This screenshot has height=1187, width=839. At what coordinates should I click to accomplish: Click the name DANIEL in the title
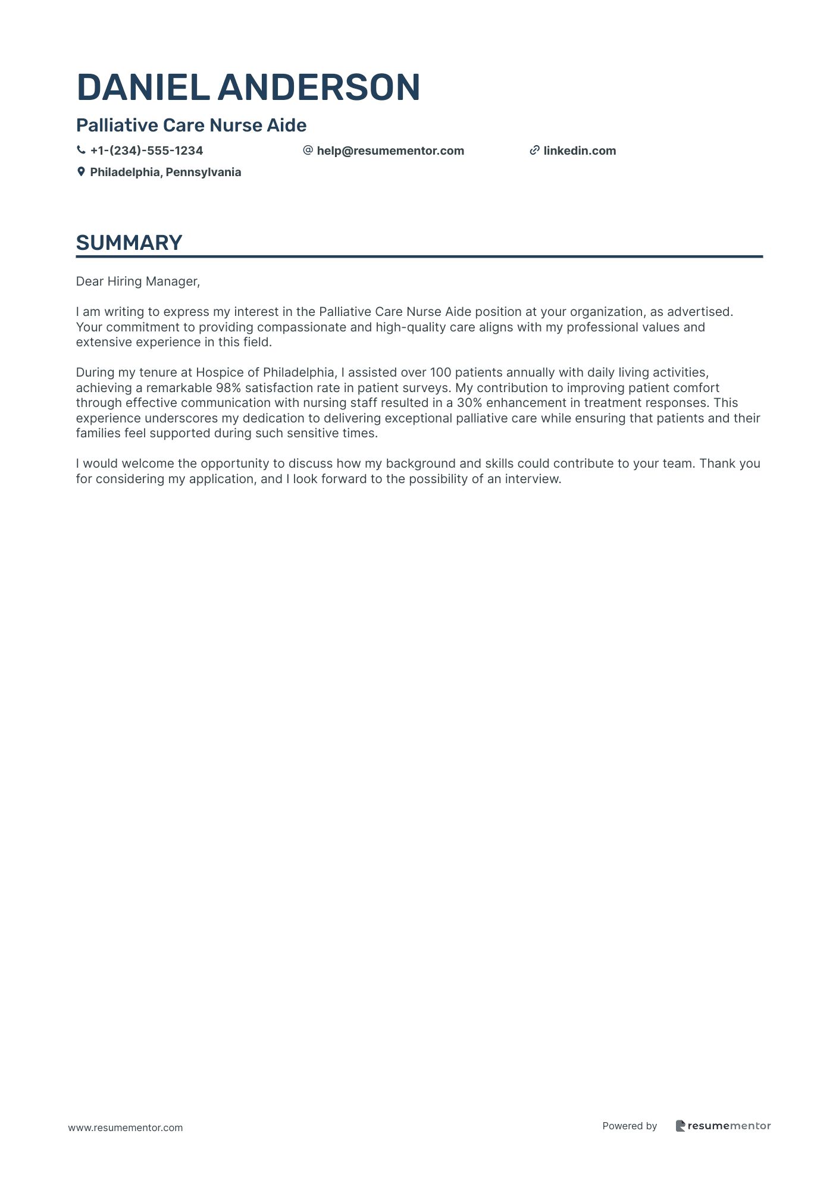click(143, 87)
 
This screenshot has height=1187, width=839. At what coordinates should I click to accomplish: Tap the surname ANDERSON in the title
click(319, 87)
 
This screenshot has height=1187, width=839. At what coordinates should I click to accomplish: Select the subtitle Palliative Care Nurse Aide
click(191, 126)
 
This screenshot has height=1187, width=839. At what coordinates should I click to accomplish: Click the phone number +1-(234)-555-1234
click(146, 151)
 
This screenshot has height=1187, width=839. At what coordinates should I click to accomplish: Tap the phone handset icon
click(81, 151)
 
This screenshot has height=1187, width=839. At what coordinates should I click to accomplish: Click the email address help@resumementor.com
click(390, 151)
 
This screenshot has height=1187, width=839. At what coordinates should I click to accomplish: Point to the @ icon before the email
click(308, 151)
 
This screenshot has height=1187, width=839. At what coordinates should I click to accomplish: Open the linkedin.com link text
click(580, 151)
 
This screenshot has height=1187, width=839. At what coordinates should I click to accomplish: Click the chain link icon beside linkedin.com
click(534, 151)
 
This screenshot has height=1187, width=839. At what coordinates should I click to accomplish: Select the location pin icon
click(81, 172)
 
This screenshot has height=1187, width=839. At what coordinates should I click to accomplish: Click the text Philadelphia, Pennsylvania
click(165, 173)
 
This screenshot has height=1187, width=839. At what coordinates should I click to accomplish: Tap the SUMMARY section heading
click(129, 243)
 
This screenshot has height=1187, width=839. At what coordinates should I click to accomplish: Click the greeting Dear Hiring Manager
click(137, 281)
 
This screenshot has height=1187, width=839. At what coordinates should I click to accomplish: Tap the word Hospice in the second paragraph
click(217, 372)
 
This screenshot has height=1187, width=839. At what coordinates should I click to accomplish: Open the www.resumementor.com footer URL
click(126, 1128)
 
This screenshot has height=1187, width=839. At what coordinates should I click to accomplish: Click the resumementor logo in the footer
click(723, 1126)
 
